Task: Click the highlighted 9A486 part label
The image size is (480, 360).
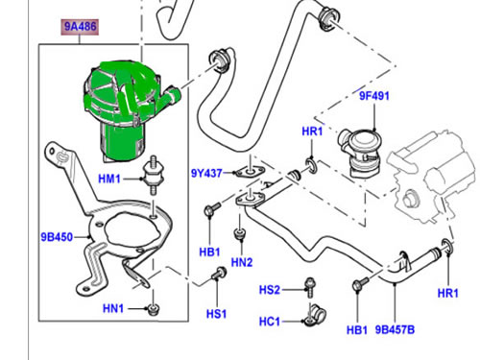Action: [x=80, y=27]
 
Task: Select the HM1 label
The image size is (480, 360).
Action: [x=109, y=179]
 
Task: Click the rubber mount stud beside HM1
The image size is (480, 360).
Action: [x=153, y=175]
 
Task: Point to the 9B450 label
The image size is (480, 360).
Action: [x=57, y=237]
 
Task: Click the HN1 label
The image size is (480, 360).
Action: [x=113, y=308]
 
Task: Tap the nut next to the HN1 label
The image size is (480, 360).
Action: [x=154, y=310]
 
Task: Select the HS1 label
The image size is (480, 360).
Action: [x=216, y=314]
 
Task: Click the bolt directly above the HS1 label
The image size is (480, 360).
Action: [x=219, y=273]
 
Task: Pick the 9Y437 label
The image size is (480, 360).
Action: [x=206, y=173]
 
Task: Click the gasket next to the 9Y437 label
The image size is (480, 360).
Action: [x=250, y=172]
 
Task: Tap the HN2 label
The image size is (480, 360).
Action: [x=242, y=262]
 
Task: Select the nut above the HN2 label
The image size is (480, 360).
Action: [x=239, y=233]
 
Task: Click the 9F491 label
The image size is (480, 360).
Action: [x=374, y=96]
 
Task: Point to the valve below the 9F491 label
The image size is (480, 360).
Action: [x=359, y=152]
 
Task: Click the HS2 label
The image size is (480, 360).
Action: [x=270, y=290]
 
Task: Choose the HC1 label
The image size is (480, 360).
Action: [x=270, y=321]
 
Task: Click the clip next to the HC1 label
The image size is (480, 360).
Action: [x=314, y=315]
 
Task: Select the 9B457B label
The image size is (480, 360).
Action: [x=395, y=329]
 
